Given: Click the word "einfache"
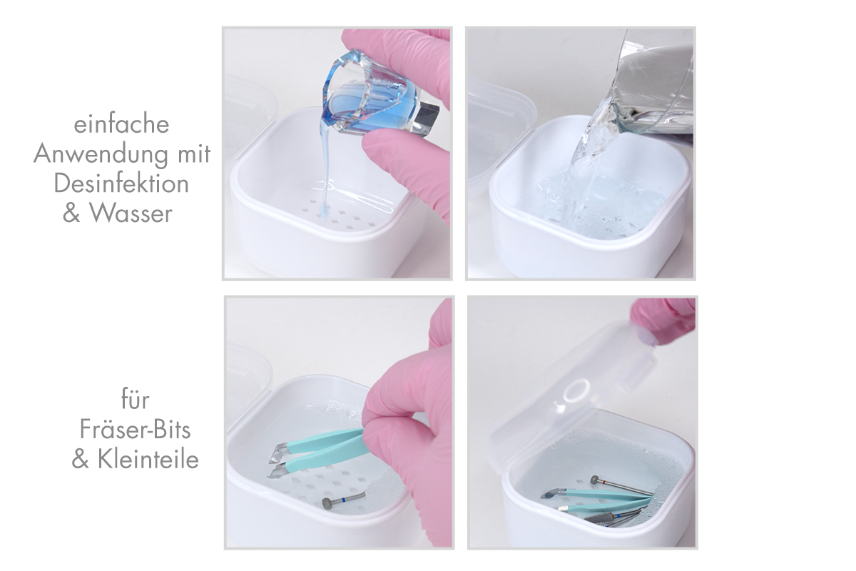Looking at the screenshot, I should pyautogui.click(x=122, y=124).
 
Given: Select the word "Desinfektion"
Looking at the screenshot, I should pyautogui.click(x=122, y=183).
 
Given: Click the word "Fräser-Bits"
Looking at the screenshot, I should pyautogui.click(x=136, y=430).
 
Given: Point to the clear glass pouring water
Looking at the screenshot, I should pyautogui.click(x=653, y=82).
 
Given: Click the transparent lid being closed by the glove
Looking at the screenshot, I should pyautogui.click(x=578, y=400).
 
